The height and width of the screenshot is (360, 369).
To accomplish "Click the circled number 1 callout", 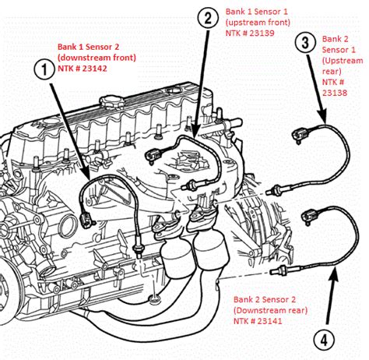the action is click(x=44, y=69).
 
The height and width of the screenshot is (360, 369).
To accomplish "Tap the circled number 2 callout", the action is click(x=208, y=18).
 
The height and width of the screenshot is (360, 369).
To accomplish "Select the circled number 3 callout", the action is click(x=305, y=43).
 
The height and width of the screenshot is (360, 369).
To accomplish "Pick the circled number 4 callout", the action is click(x=324, y=340).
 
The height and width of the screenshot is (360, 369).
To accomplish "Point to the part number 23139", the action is click(x=262, y=34).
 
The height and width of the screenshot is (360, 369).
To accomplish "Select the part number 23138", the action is click(x=335, y=93).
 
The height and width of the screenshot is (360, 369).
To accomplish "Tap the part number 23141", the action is click(x=269, y=321).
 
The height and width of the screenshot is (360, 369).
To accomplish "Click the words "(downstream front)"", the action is click(x=97, y=58).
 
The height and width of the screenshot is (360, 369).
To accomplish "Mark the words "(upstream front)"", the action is click(x=258, y=23).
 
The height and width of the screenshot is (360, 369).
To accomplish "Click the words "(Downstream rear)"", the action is click(x=270, y=310).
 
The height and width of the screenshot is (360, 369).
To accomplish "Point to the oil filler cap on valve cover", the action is click(x=113, y=101).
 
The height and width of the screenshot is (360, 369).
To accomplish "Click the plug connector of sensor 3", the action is click(x=300, y=135).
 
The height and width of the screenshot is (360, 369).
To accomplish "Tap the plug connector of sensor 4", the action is click(x=310, y=215).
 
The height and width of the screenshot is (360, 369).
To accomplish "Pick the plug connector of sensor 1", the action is click(x=86, y=221).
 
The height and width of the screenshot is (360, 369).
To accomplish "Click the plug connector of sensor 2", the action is click(x=153, y=155).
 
